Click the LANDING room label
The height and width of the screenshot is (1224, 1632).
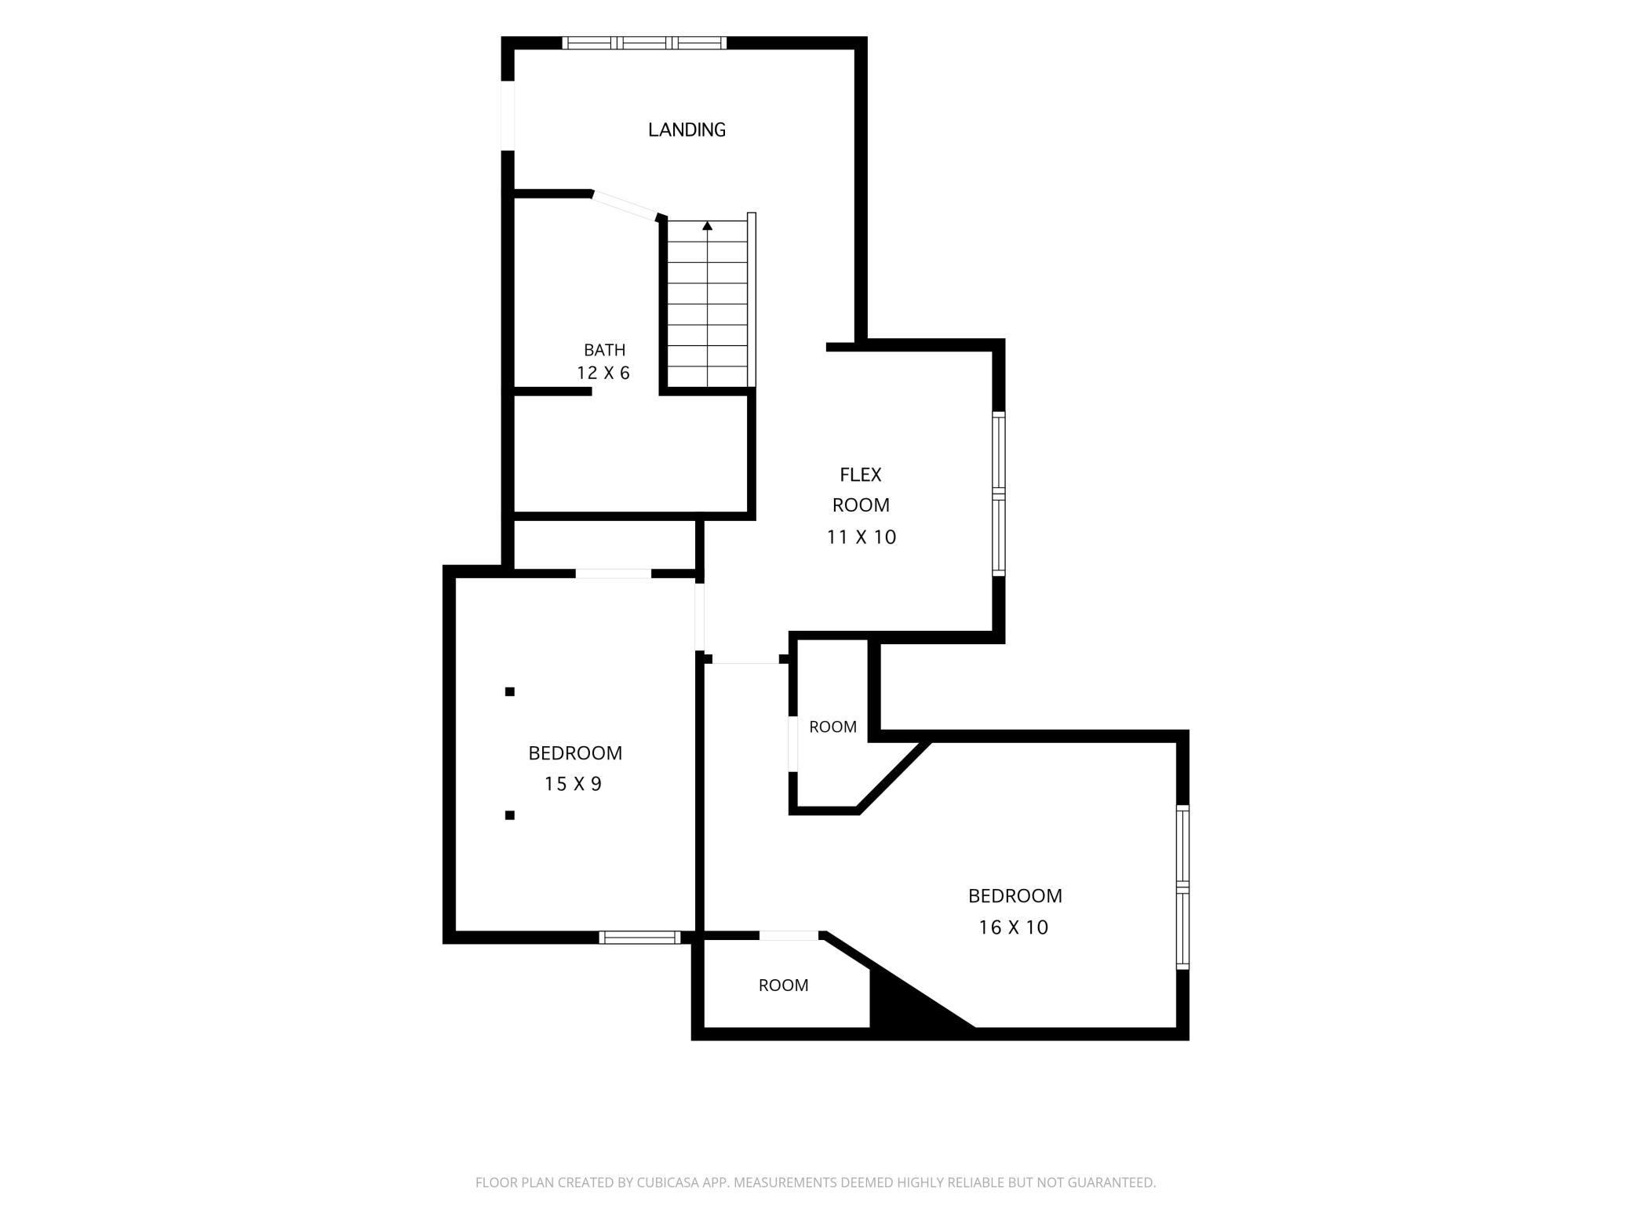[687, 129]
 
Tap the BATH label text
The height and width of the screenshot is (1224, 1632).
[604, 350]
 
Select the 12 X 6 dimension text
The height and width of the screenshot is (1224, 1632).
[603, 373]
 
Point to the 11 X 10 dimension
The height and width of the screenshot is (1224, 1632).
[861, 537]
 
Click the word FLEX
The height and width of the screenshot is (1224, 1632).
[861, 475]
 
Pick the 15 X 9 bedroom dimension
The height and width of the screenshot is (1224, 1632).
[573, 784]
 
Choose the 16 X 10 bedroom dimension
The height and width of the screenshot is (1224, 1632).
[1013, 927]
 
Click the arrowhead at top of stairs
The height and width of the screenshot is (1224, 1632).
[708, 226]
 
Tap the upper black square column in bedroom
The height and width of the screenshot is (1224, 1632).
[510, 691]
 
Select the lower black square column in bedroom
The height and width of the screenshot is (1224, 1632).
[510, 815]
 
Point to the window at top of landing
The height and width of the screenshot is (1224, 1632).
[644, 42]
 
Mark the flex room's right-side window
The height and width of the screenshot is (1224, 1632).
[999, 494]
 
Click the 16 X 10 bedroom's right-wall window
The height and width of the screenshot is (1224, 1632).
[1182, 887]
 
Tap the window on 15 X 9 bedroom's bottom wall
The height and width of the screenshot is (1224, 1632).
[639, 937]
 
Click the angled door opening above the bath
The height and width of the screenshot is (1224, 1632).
[625, 205]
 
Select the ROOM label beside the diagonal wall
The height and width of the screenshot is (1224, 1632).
[832, 727]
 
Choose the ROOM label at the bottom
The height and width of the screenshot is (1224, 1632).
[783, 985]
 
